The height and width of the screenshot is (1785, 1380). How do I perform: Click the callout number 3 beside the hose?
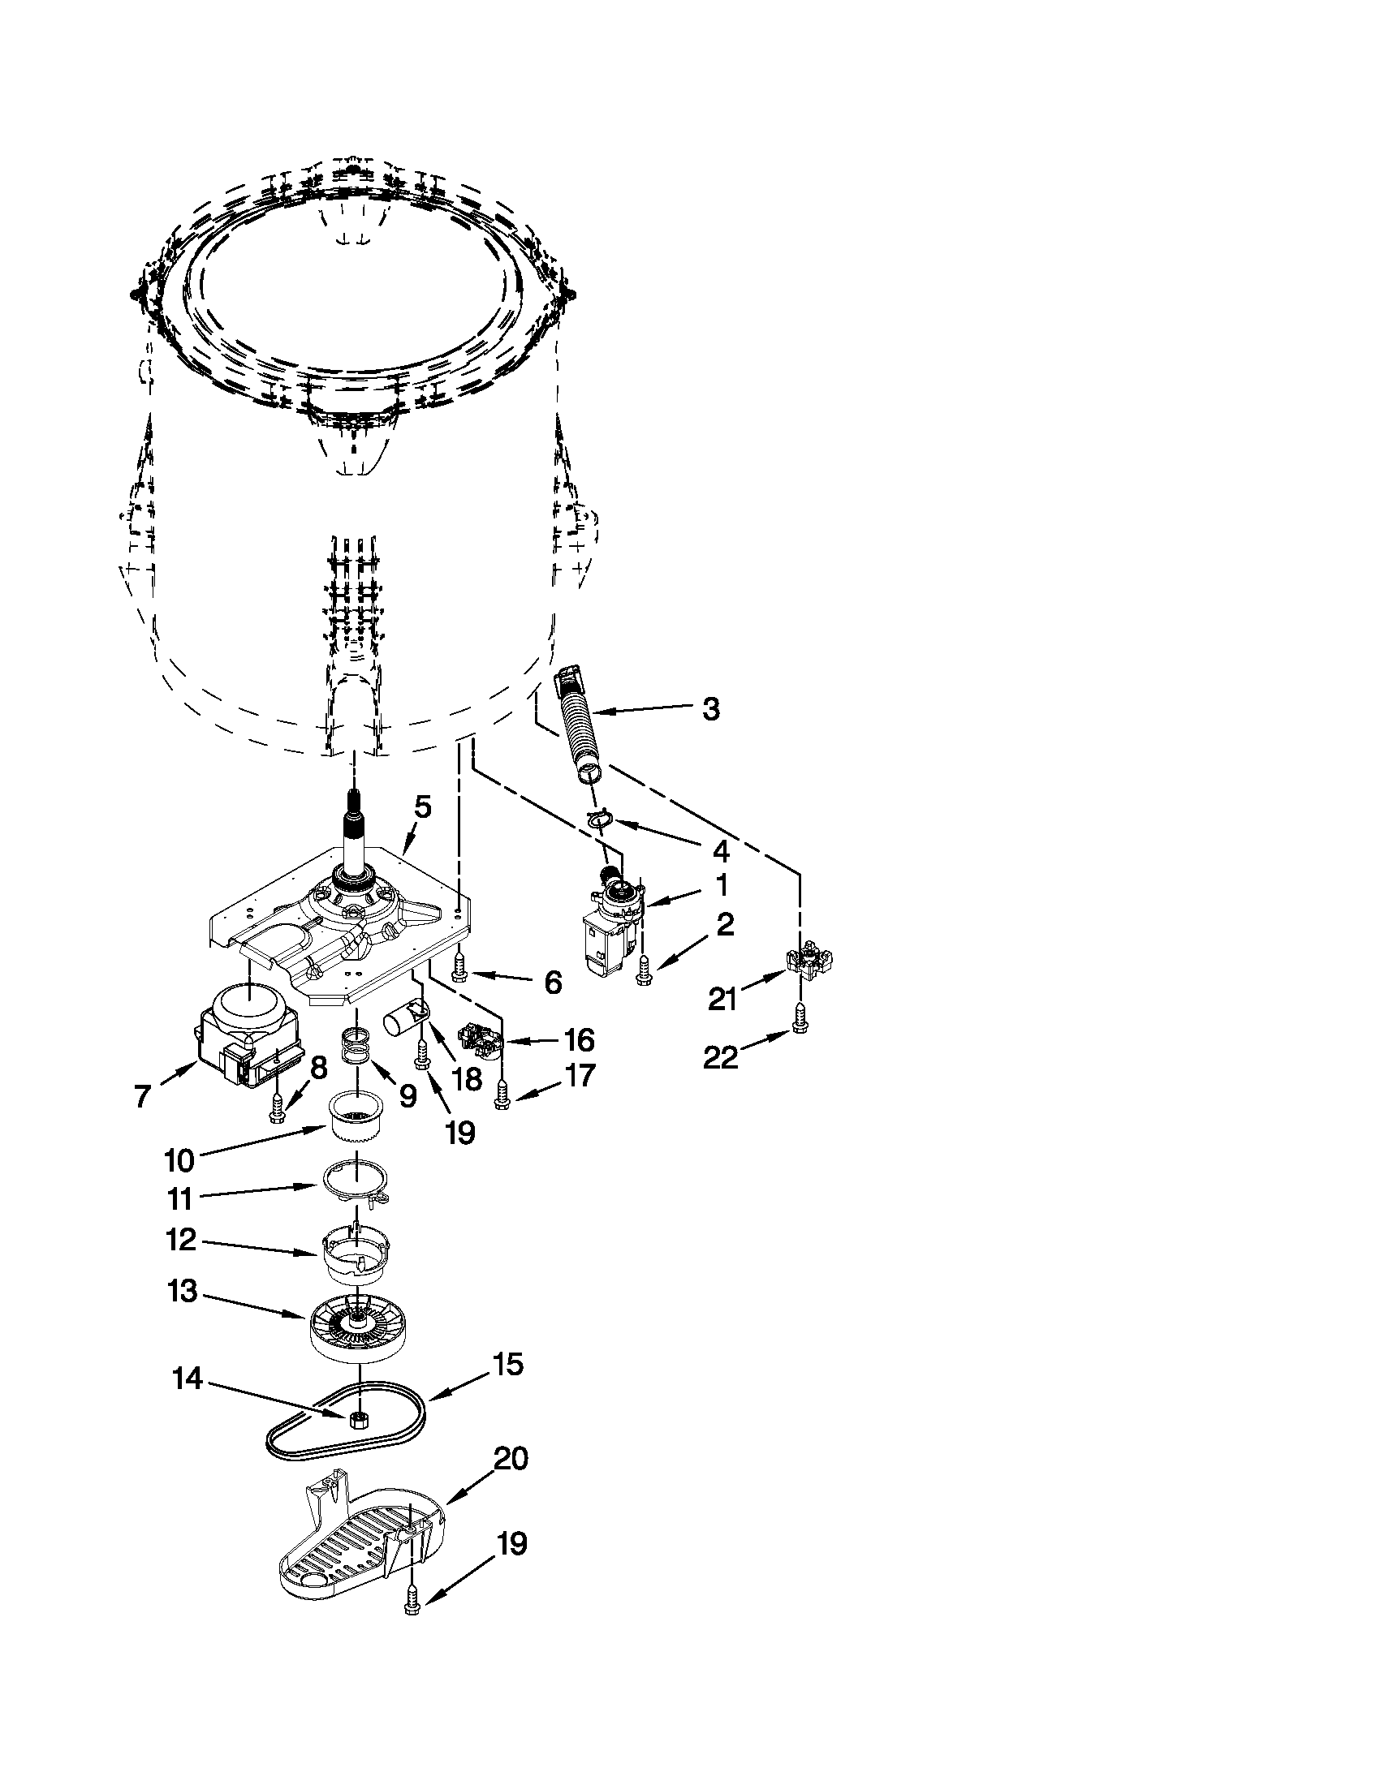point(710,709)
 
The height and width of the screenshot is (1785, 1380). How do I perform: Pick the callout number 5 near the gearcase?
point(422,807)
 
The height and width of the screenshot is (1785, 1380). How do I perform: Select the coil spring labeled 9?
point(356,1047)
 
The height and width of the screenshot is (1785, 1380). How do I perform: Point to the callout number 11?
point(179,1199)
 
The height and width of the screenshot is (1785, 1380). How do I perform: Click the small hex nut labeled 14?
point(356,1419)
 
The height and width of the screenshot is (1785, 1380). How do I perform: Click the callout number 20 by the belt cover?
point(511,1459)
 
